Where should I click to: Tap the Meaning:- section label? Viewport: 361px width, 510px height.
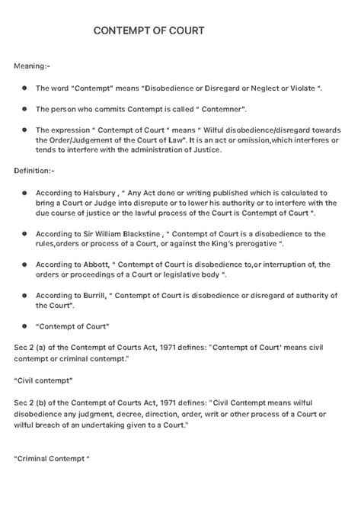coord(31,66)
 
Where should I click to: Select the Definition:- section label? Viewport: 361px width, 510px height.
coord(34,172)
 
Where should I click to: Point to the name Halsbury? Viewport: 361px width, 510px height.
coord(102,193)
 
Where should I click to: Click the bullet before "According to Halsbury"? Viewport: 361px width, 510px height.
coord(24,194)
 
